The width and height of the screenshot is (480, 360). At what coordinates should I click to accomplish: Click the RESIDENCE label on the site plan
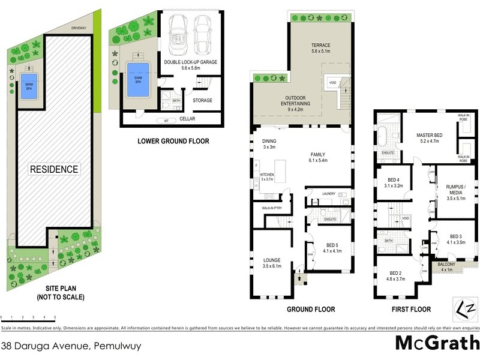55,169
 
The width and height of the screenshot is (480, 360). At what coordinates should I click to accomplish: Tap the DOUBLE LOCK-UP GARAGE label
190,62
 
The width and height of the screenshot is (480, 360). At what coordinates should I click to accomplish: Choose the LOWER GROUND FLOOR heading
173,142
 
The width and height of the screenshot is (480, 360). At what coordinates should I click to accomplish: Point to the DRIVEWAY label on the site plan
79,28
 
